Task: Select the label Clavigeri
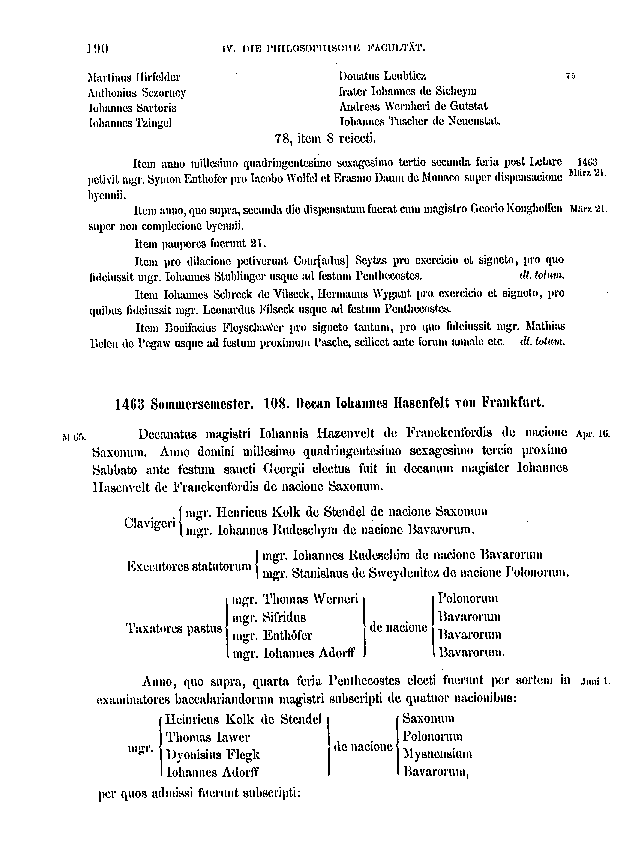[150, 523]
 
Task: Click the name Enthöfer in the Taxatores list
[287, 636]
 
